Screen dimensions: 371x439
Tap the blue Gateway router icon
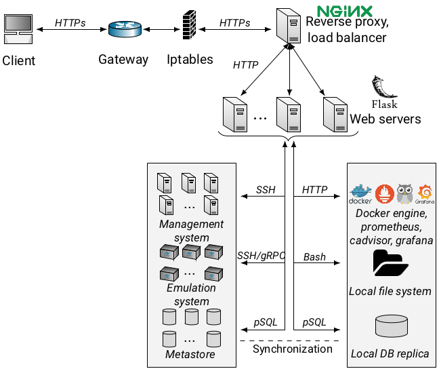[x=124, y=30]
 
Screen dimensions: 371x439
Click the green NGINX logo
[x=346, y=12]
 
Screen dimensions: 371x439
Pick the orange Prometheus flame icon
[x=384, y=193]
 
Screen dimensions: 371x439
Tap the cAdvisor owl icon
[x=405, y=193]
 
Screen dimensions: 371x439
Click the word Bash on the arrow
[x=314, y=257]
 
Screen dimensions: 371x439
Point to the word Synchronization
[x=292, y=349]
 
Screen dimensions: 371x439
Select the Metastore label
[x=190, y=355]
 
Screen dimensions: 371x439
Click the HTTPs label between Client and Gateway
[x=70, y=22]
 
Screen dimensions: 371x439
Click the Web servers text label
[x=385, y=119]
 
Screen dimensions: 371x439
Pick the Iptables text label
[x=190, y=60]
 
